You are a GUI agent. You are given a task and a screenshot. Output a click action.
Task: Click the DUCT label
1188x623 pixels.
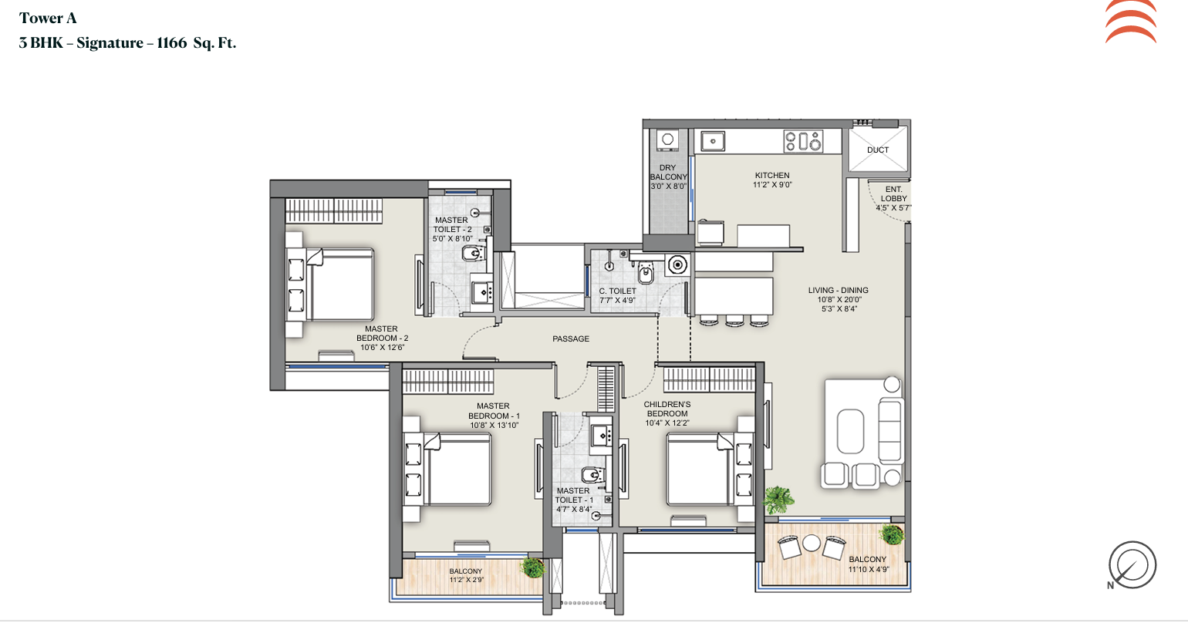pyautogui.click(x=878, y=150)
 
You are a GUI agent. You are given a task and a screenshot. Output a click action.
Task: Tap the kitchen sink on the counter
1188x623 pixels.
pyautogui.click(x=713, y=141)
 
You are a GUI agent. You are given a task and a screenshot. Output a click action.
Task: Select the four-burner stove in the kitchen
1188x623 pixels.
pyautogui.click(x=803, y=142)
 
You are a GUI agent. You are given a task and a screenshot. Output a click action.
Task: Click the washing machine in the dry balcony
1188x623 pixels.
pyautogui.click(x=668, y=140)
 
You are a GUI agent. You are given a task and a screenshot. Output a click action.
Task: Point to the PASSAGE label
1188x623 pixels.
pyautogui.click(x=571, y=338)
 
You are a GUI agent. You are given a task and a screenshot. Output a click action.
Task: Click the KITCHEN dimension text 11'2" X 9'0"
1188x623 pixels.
pyautogui.click(x=772, y=184)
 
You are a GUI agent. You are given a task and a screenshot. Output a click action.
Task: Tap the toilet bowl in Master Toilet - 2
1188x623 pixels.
pyautogui.click(x=474, y=254)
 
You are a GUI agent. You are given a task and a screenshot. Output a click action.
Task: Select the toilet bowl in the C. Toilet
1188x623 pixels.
pyautogui.click(x=646, y=272)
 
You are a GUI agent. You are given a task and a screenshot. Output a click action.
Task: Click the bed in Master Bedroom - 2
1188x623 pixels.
pyautogui.click(x=331, y=285)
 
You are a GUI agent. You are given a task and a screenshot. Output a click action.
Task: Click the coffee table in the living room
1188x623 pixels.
pyautogui.click(x=850, y=431)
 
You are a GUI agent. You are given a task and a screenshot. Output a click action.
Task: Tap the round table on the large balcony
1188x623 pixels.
pyautogui.click(x=811, y=543)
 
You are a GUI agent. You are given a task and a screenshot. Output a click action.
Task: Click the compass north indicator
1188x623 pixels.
pyautogui.click(x=1132, y=565)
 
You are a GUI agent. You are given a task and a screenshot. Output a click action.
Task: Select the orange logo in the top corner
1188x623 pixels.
pyautogui.click(x=1131, y=22)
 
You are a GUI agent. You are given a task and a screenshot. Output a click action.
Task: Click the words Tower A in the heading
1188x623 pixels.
pyautogui.click(x=49, y=19)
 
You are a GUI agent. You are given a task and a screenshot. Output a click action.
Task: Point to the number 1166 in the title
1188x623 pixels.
pyautogui.click(x=172, y=42)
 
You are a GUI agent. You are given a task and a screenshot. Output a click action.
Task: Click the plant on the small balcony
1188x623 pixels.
pyautogui.click(x=532, y=567)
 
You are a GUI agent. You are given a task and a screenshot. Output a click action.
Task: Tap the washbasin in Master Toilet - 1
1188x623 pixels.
pyautogui.click(x=602, y=436)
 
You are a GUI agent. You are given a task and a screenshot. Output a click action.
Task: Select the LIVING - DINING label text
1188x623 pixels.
pyautogui.click(x=838, y=291)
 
